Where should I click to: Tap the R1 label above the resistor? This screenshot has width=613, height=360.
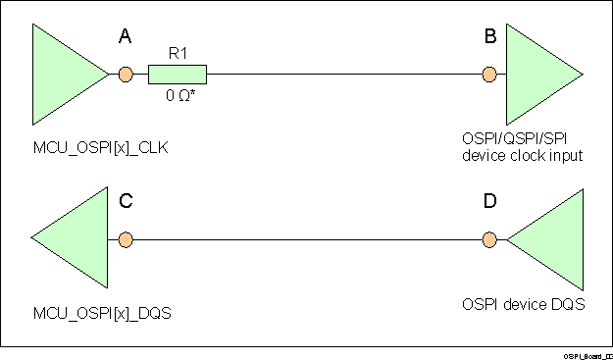click(x=178, y=55)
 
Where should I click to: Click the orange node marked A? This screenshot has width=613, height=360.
click(x=125, y=75)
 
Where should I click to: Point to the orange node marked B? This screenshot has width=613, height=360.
click(x=489, y=75)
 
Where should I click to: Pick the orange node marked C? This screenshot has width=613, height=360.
click(x=125, y=239)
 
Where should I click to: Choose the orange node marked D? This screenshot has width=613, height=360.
click(x=489, y=239)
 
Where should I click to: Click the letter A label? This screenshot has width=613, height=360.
click(x=125, y=37)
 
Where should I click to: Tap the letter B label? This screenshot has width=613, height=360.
click(x=489, y=37)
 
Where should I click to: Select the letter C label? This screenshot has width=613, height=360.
click(x=126, y=202)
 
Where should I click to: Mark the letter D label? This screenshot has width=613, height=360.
click(x=489, y=202)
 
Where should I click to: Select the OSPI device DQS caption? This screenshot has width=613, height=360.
click(x=523, y=304)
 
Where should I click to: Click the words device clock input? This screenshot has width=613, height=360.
click(x=523, y=155)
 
